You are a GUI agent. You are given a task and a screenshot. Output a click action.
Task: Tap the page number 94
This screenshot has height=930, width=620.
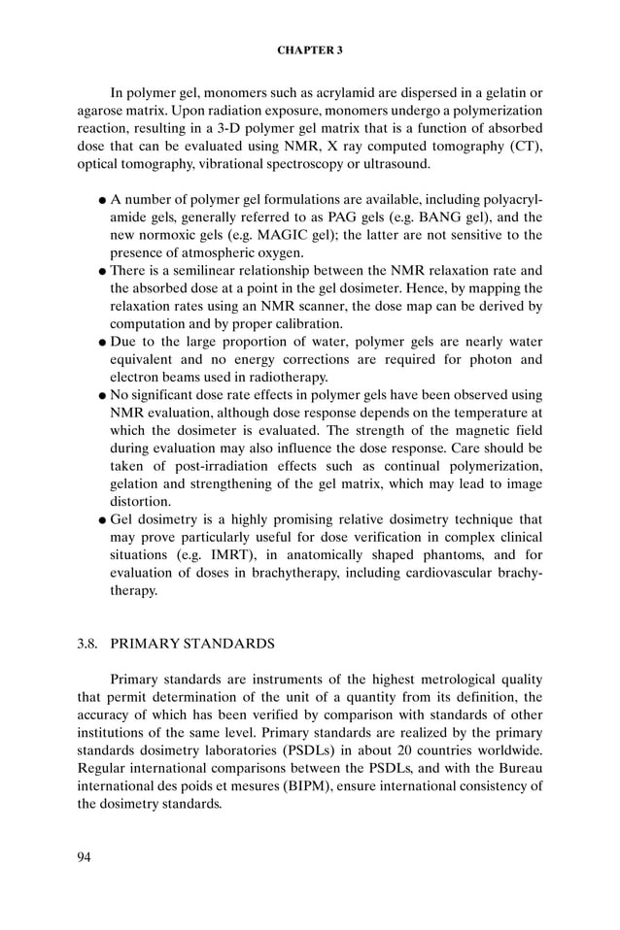(86, 856)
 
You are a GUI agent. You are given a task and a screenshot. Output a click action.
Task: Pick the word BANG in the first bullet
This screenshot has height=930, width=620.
(444, 216)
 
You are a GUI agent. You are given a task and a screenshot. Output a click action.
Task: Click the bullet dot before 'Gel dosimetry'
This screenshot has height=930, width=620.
(102, 520)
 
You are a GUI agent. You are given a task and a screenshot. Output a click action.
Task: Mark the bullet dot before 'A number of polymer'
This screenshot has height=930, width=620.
(102, 200)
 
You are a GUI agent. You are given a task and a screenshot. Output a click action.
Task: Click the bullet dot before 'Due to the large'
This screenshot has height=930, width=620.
(102, 343)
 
